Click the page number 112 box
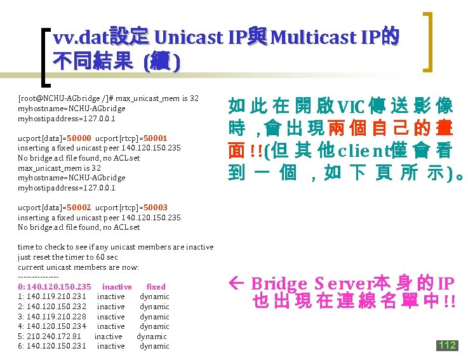[447, 345]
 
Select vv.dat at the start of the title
[79, 38]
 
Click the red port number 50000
[79, 138]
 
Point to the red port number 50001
[156, 138]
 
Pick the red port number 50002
[79, 207]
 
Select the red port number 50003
[156, 207]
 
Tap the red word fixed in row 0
[156, 287]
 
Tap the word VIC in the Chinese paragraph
[352, 107]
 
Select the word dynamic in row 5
[152, 337]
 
